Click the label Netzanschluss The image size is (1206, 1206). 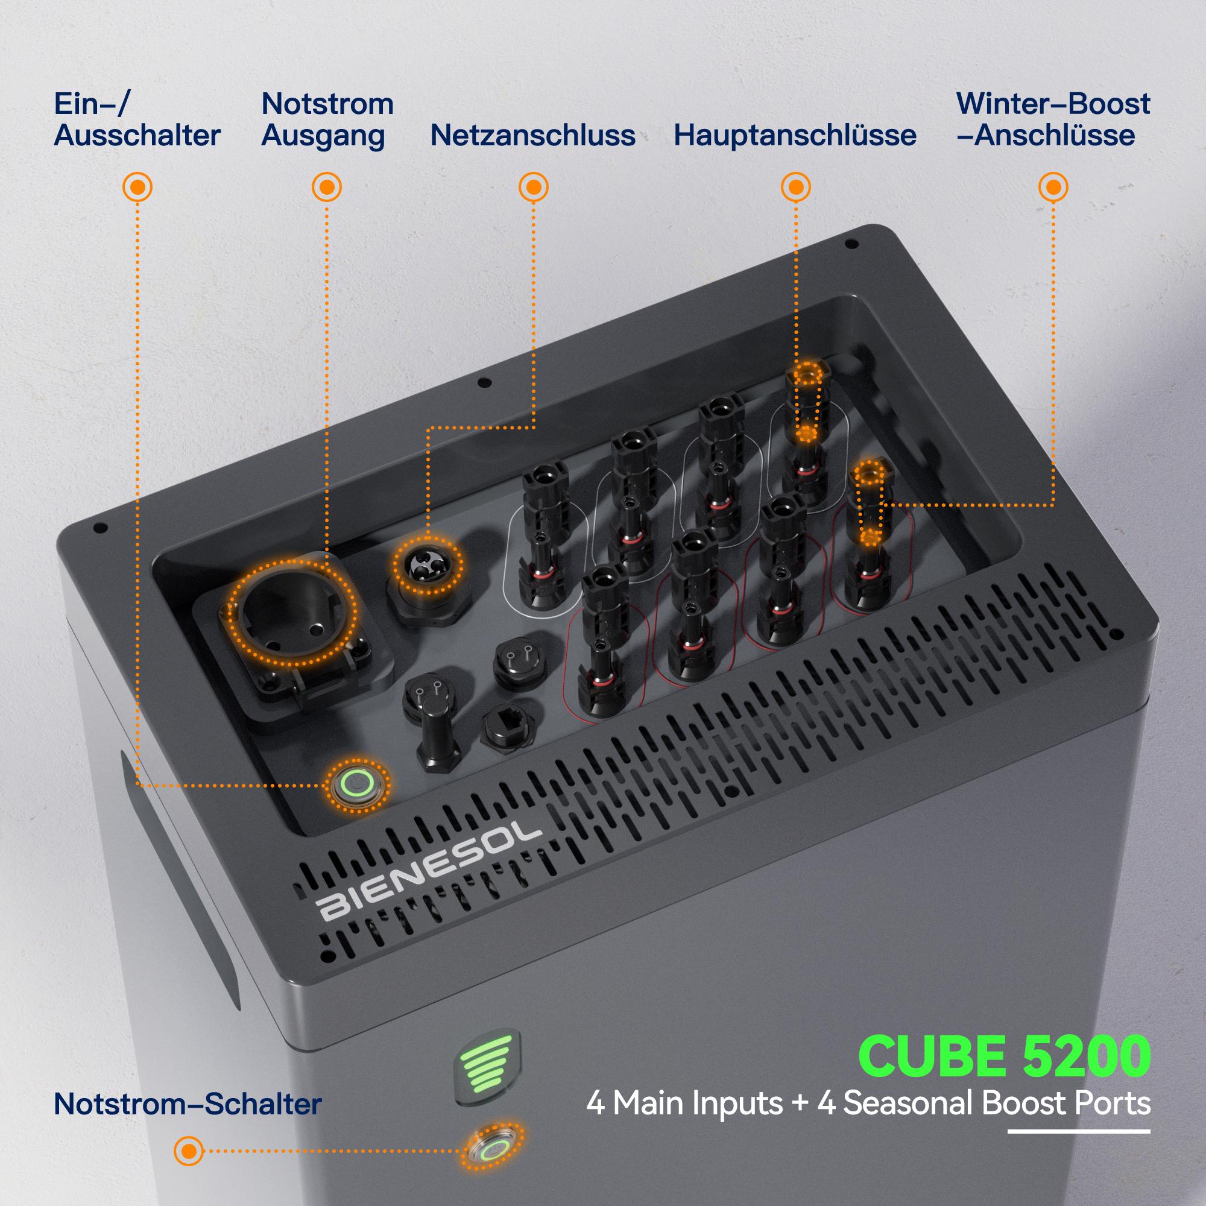click(532, 136)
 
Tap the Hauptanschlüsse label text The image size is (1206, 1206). click(795, 136)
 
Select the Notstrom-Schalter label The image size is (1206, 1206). click(188, 1103)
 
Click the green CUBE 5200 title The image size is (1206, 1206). click(1004, 1055)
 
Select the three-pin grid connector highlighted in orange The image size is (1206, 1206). click(429, 564)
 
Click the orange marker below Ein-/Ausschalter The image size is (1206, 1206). click(137, 187)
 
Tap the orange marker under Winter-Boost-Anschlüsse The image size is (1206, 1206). click(1053, 187)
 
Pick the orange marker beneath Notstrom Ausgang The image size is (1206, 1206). click(326, 187)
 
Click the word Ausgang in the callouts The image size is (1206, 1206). click(322, 136)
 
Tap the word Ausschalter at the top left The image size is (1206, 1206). click(137, 136)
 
